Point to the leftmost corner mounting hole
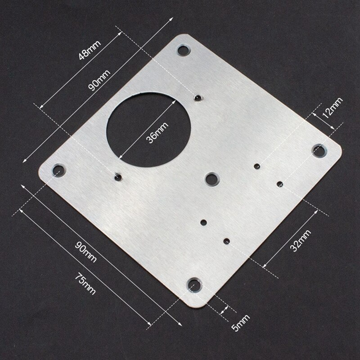[58, 170]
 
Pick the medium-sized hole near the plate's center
[211, 178]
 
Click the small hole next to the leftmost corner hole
[118, 176]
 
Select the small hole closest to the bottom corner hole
[227, 240]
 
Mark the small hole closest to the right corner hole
[280, 183]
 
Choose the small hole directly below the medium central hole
[203, 222]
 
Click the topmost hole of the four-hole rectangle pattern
[256, 166]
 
